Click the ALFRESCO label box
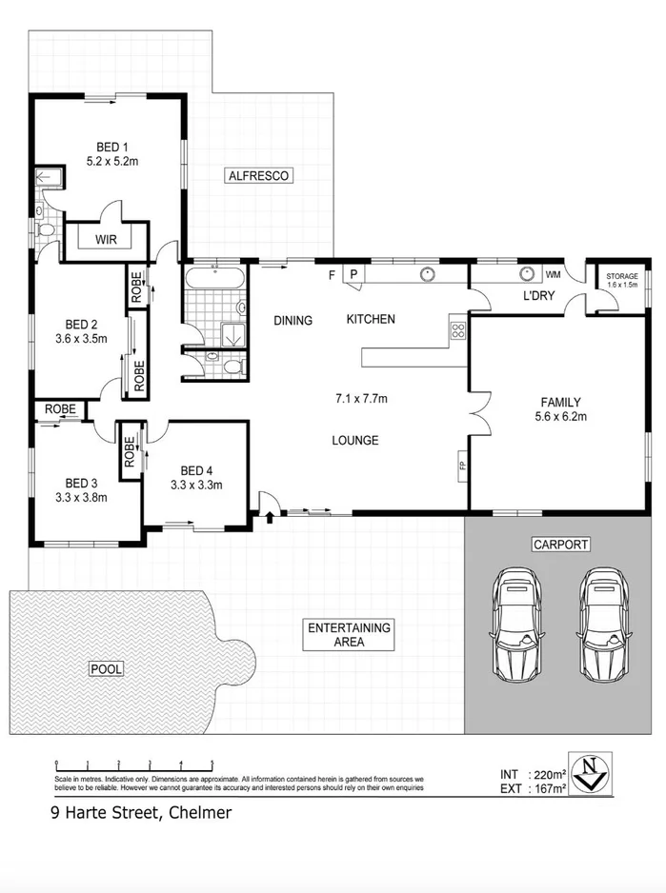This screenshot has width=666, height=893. point(257,175)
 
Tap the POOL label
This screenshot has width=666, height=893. point(106,669)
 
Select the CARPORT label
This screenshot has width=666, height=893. point(560,545)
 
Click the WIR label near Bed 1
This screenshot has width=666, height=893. point(105,240)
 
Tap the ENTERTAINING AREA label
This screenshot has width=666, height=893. point(349,635)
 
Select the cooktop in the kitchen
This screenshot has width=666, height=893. point(456,331)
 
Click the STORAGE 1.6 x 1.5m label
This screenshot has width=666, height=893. point(616,280)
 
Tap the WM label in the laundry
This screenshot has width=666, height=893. point(552,274)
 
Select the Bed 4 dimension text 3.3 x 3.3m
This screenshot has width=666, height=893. point(195,485)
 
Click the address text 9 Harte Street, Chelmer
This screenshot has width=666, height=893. point(141,813)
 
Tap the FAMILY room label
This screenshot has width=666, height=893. point(560,402)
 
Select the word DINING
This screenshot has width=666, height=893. point(293,321)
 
